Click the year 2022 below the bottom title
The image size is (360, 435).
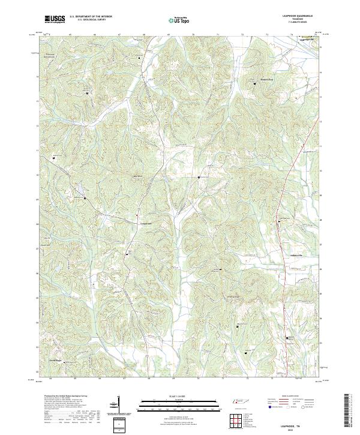pyautogui.click(x=296, y=430)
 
